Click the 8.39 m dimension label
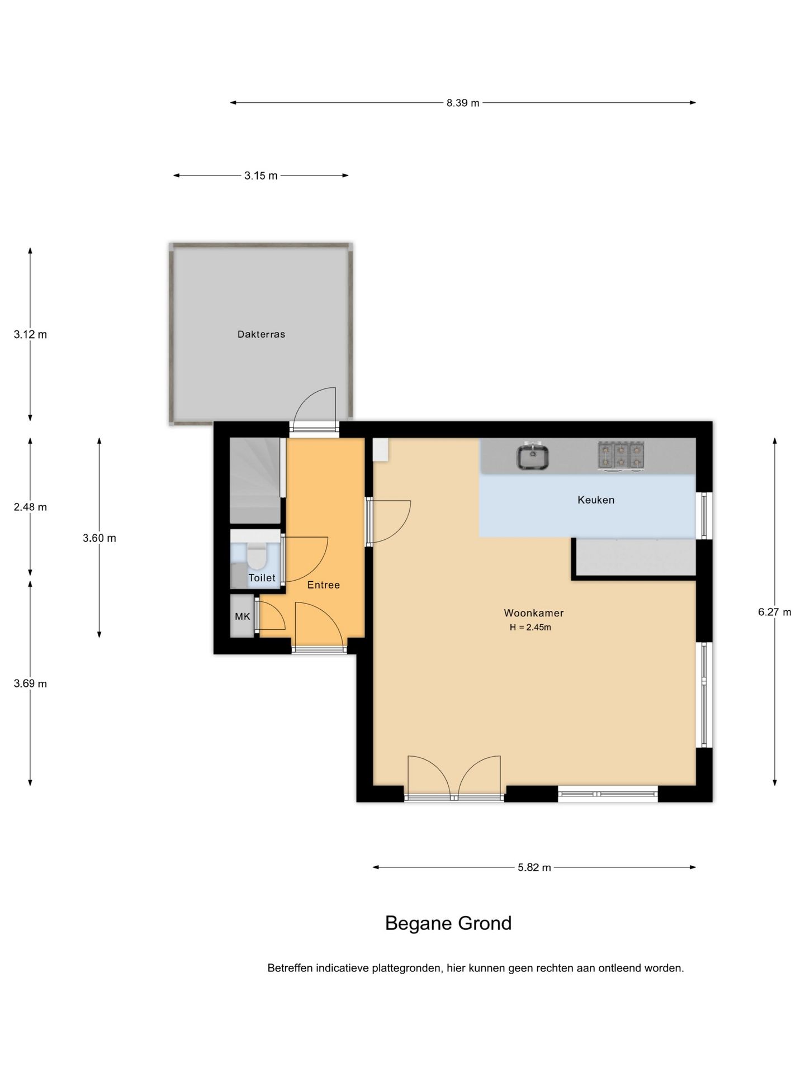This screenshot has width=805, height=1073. pyautogui.click(x=462, y=103)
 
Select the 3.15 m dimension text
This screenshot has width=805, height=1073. pyautogui.click(x=261, y=175)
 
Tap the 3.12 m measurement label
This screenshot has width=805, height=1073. pyautogui.click(x=30, y=335)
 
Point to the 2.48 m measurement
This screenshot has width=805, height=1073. pyautogui.click(x=30, y=507)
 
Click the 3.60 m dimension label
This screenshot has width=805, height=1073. pyautogui.click(x=100, y=538)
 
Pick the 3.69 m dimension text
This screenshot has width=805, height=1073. pyautogui.click(x=30, y=683)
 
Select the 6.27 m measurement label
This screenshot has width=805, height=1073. pyautogui.click(x=774, y=612)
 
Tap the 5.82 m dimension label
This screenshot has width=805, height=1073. pyautogui.click(x=534, y=867)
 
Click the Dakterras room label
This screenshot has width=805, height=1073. pyautogui.click(x=261, y=334)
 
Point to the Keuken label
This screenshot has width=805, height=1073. pyautogui.click(x=596, y=500)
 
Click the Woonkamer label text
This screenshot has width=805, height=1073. pyautogui.click(x=533, y=613)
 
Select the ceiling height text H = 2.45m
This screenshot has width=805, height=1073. pyautogui.click(x=530, y=627)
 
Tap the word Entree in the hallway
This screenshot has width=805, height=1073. pyautogui.click(x=324, y=585)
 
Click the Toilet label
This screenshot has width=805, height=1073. pyautogui.click(x=262, y=578)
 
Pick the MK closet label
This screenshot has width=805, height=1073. pyautogui.click(x=242, y=616)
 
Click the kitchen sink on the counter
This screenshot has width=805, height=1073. pyautogui.click(x=532, y=455)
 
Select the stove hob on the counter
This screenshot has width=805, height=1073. pyautogui.click(x=621, y=454)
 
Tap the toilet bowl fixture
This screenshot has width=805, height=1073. pyautogui.click(x=258, y=556)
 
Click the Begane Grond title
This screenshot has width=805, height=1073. pyautogui.click(x=448, y=923)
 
